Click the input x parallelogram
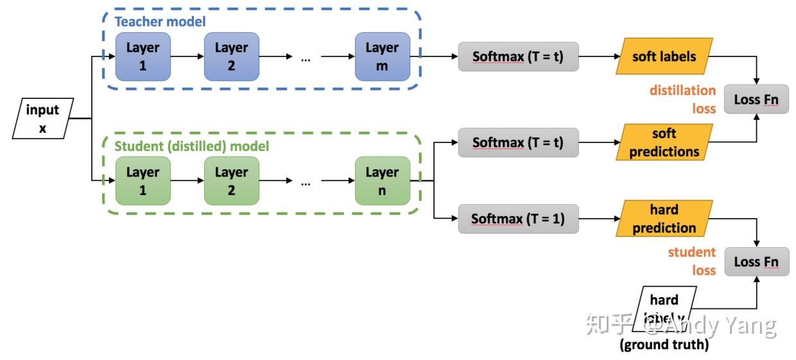pyautogui.click(x=43, y=119)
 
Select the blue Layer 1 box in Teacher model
pyautogui.click(x=143, y=56)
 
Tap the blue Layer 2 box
pyautogui.click(x=231, y=56)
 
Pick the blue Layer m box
pyautogui.click(x=382, y=56)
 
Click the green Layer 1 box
pyautogui.click(x=143, y=181)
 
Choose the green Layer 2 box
pyautogui.click(x=231, y=181)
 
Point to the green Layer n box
pyautogui.click(x=382, y=181)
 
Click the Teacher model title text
pyautogui.click(x=160, y=22)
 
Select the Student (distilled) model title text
pyautogui.click(x=191, y=146)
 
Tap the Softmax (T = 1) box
pyautogui.click(x=518, y=219)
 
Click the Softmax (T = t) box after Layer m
pyautogui.click(x=518, y=56)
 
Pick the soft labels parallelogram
pyautogui.click(x=664, y=56)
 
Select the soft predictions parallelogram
pyautogui.click(x=664, y=142)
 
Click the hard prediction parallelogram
pyautogui.click(x=664, y=219)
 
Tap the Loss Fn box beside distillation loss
pyautogui.click(x=756, y=100)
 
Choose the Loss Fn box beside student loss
pyautogui.click(x=756, y=262)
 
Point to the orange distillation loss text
pyautogui.click(x=682, y=99)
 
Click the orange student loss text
pyautogui.click(x=691, y=261)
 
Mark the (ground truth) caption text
pyautogui.click(x=664, y=345)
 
